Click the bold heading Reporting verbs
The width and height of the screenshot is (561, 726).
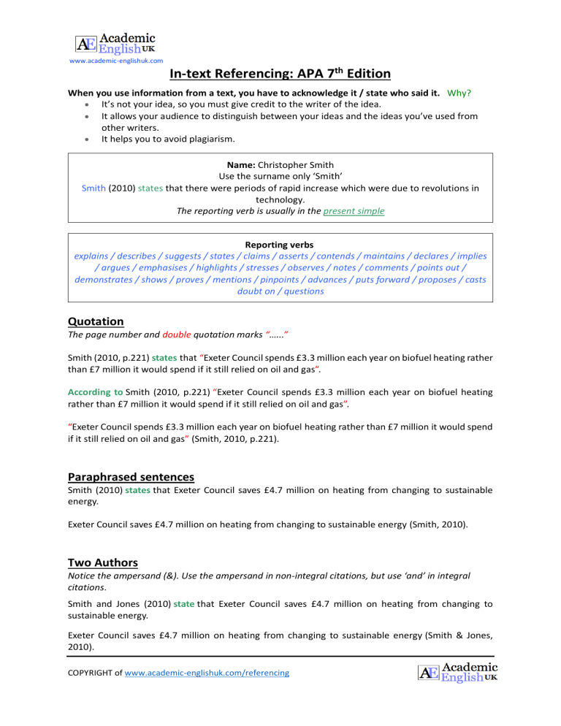[280, 243]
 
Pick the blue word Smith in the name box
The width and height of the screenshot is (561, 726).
[94, 187]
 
